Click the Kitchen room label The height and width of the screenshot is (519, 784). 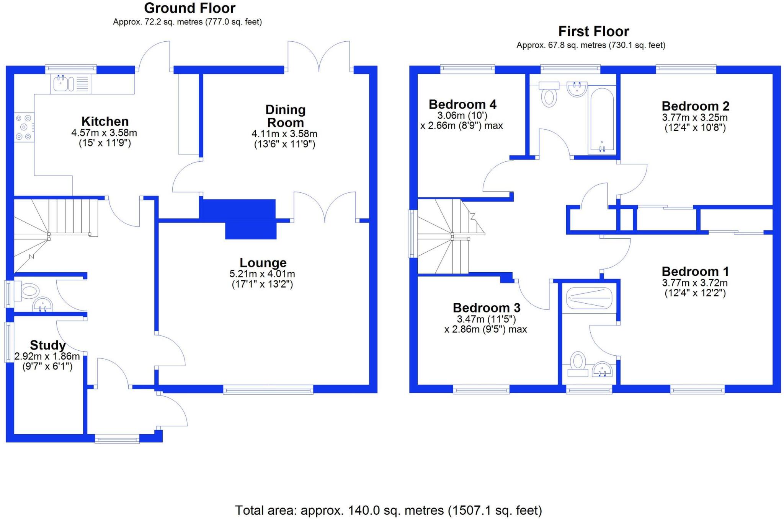(105, 122)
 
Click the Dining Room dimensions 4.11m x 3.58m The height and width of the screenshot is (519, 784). (284, 134)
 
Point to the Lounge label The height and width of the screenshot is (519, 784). (263, 263)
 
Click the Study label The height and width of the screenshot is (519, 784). (47, 345)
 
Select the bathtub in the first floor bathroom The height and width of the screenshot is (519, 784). (602, 120)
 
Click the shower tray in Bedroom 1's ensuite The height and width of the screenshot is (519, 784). (589, 298)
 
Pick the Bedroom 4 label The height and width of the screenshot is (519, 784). (462, 104)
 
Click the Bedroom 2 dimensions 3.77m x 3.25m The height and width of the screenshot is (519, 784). (694, 118)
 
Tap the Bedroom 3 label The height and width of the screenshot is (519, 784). (486, 307)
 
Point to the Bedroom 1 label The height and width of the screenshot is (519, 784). (695, 272)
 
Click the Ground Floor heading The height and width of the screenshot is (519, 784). (189, 8)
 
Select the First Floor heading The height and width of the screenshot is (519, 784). (593, 31)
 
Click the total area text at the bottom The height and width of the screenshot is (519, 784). (388, 510)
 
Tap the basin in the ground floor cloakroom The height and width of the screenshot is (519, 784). (42, 305)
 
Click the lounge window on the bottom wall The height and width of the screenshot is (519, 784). (268, 390)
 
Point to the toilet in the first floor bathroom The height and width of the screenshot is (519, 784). (549, 95)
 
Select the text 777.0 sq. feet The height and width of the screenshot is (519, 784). (234, 22)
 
